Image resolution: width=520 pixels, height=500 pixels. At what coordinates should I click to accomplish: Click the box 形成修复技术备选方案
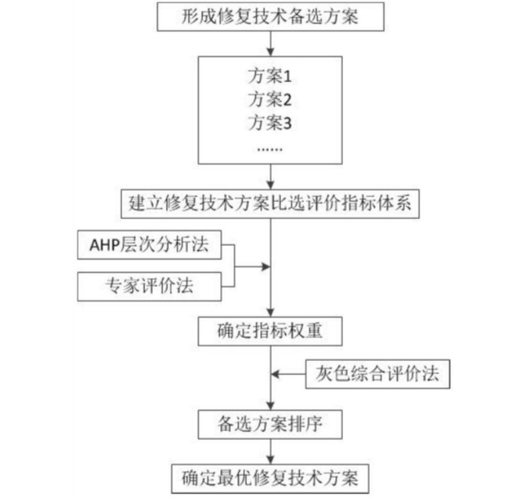tap(271, 17)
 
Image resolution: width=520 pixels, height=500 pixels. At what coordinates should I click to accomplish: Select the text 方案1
tap(269, 76)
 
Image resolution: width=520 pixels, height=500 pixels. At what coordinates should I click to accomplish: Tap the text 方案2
tap(269, 99)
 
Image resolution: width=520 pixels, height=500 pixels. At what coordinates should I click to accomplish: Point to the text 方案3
tap(269, 123)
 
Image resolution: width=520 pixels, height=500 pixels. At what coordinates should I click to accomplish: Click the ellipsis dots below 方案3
tap(270, 149)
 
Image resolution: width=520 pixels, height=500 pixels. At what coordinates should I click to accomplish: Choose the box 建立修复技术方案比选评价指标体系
tap(270, 203)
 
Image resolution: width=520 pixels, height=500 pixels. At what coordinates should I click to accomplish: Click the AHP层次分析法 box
tap(150, 245)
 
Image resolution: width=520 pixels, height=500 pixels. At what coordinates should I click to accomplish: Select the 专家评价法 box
tap(150, 286)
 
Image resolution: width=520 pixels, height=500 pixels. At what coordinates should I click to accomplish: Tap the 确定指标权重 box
tap(270, 331)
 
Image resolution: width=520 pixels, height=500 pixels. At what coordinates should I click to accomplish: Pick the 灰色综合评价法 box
tap(377, 374)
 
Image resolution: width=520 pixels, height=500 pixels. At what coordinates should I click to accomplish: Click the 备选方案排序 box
tap(270, 425)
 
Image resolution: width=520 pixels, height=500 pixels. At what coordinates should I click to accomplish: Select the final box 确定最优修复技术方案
tap(270, 479)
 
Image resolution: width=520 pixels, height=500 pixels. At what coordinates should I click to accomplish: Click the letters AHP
tap(104, 246)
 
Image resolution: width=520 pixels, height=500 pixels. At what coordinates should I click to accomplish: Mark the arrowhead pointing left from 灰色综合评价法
tap(275, 374)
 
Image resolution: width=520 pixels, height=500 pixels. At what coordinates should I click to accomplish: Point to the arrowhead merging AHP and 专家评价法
tap(266, 266)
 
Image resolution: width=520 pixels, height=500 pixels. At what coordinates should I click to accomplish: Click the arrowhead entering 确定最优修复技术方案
tap(271, 460)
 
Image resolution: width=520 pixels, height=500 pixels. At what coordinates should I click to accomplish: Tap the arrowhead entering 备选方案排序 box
tap(271, 406)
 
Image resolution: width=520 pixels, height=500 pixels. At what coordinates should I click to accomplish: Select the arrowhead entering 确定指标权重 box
tap(271, 313)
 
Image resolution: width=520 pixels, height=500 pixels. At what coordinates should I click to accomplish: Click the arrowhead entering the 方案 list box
tap(271, 52)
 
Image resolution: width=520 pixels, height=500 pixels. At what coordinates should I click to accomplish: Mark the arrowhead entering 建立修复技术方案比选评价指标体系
tap(271, 185)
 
